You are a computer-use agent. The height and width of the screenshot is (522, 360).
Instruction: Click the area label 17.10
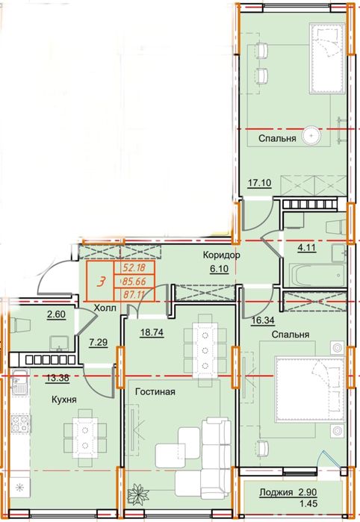(x=260, y=182)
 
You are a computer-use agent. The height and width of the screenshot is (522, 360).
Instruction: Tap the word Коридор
(x=222, y=255)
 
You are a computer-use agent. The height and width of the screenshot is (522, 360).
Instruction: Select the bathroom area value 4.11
(x=306, y=247)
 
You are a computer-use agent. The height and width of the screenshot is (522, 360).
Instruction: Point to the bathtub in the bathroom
(x=316, y=275)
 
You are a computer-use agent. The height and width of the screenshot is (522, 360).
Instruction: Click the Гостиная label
(x=155, y=391)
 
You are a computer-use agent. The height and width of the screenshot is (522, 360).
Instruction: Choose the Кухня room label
(x=64, y=400)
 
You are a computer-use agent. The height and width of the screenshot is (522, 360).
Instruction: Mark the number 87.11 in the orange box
(x=134, y=295)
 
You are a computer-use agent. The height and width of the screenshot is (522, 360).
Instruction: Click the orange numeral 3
(x=100, y=282)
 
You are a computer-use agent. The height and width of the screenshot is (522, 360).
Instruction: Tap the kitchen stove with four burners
(x=19, y=423)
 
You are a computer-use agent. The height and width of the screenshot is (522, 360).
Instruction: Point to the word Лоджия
(x=276, y=492)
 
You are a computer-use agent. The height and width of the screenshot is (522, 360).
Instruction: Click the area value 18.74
(x=152, y=332)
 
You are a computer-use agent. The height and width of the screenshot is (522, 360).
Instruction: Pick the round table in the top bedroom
(x=311, y=135)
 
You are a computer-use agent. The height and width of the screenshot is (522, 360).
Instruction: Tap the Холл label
(x=105, y=308)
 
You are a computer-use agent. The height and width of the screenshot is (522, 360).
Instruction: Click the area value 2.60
(x=55, y=314)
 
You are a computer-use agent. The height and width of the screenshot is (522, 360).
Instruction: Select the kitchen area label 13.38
(x=58, y=378)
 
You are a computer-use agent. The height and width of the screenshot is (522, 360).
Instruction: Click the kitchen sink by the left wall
(x=20, y=384)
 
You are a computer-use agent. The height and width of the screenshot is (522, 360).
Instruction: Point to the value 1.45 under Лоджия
(x=308, y=503)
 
